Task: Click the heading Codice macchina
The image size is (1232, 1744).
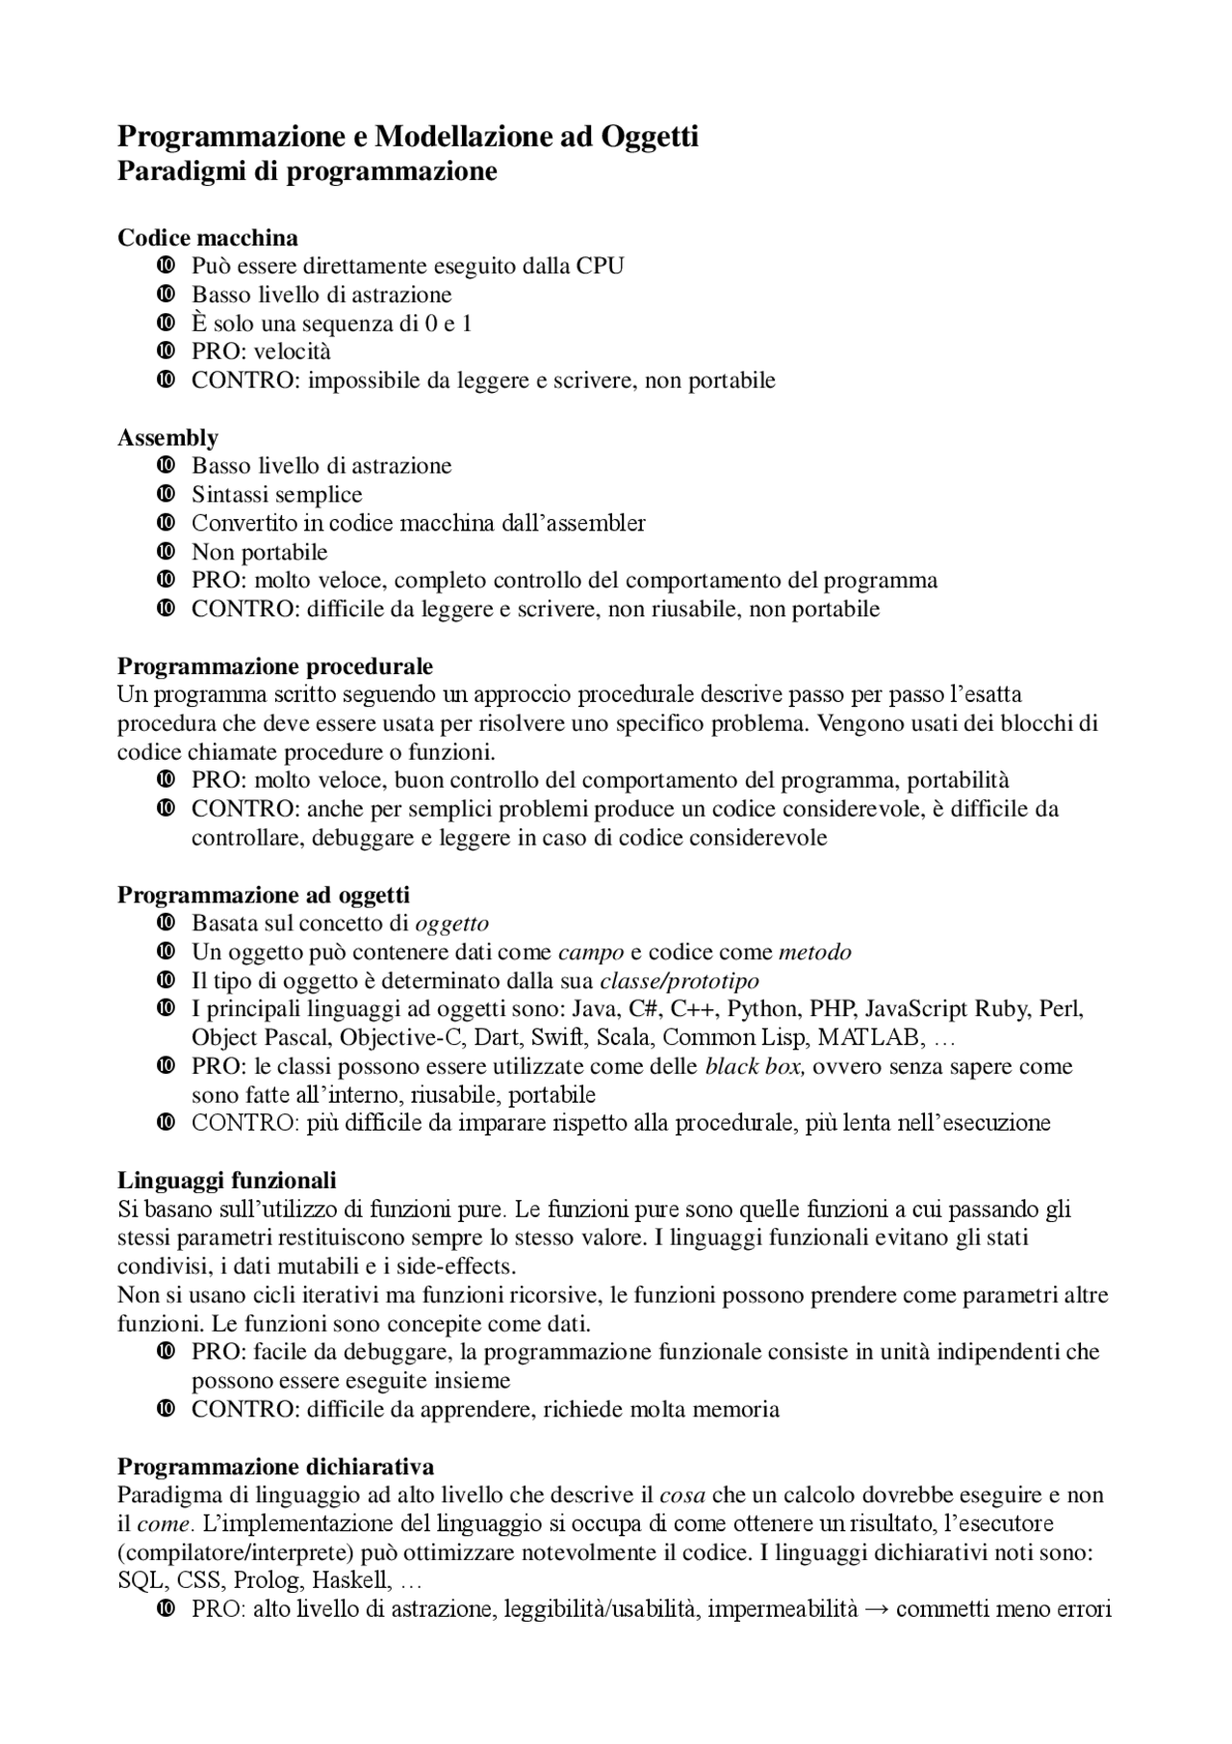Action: click(x=207, y=237)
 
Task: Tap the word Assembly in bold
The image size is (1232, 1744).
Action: click(x=167, y=437)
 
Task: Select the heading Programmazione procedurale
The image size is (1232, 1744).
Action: click(x=274, y=666)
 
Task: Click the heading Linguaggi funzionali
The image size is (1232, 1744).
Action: click(x=226, y=1180)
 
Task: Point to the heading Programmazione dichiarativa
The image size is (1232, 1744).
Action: click(x=275, y=1467)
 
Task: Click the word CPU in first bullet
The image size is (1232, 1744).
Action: click(x=600, y=266)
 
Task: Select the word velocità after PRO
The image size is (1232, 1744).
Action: click(x=293, y=351)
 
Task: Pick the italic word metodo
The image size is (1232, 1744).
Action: click(x=814, y=952)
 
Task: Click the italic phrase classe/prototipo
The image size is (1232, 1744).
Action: click(x=679, y=981)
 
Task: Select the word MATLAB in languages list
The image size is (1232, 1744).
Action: click(x=872, y=1038)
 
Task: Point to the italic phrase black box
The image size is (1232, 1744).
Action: click(x=755, y=1066)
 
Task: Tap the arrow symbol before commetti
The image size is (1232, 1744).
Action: click(x=876, y=1609)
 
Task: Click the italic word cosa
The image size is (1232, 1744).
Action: click(x=682, y=1495)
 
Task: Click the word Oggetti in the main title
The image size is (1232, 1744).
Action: click(x=650, y=137)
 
